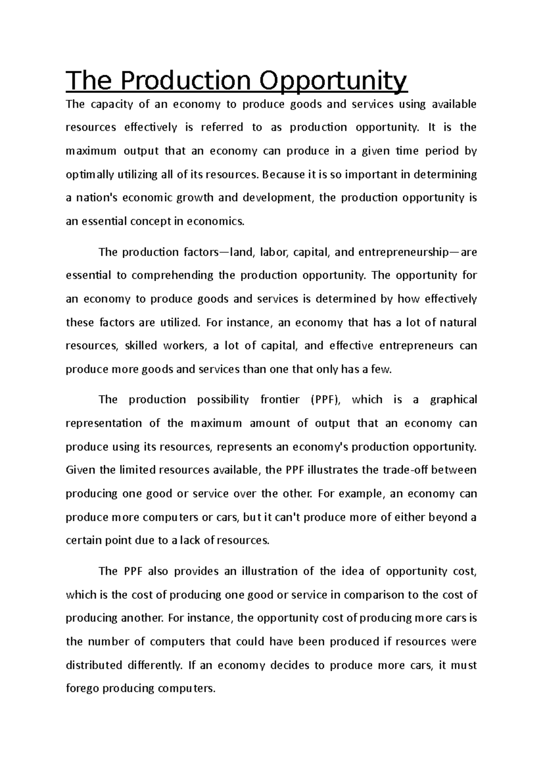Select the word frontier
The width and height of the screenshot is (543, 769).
coord(280,399)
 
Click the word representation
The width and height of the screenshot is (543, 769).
coord(103,423)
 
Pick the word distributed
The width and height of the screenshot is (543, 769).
coord(94,665)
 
